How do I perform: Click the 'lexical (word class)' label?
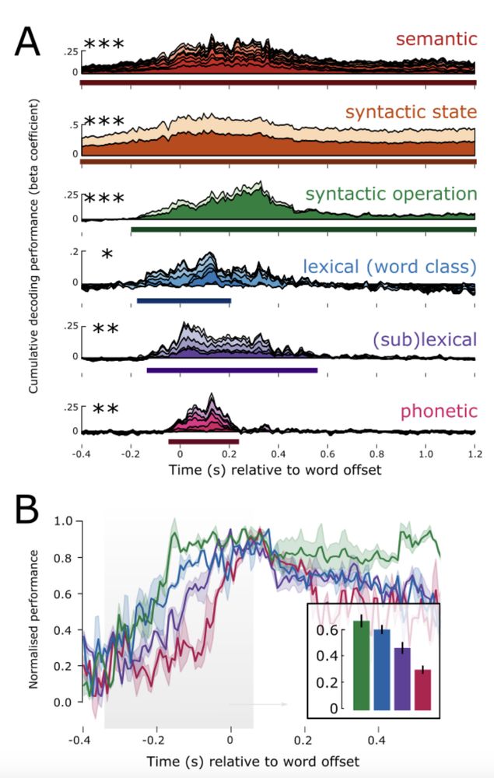(389, 267)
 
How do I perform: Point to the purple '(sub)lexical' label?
(423, 339)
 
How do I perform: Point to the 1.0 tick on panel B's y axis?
(63, 520)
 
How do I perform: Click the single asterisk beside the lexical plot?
(107, 255)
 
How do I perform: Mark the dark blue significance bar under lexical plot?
(184, 300)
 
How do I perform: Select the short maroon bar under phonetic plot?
(203, 441)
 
